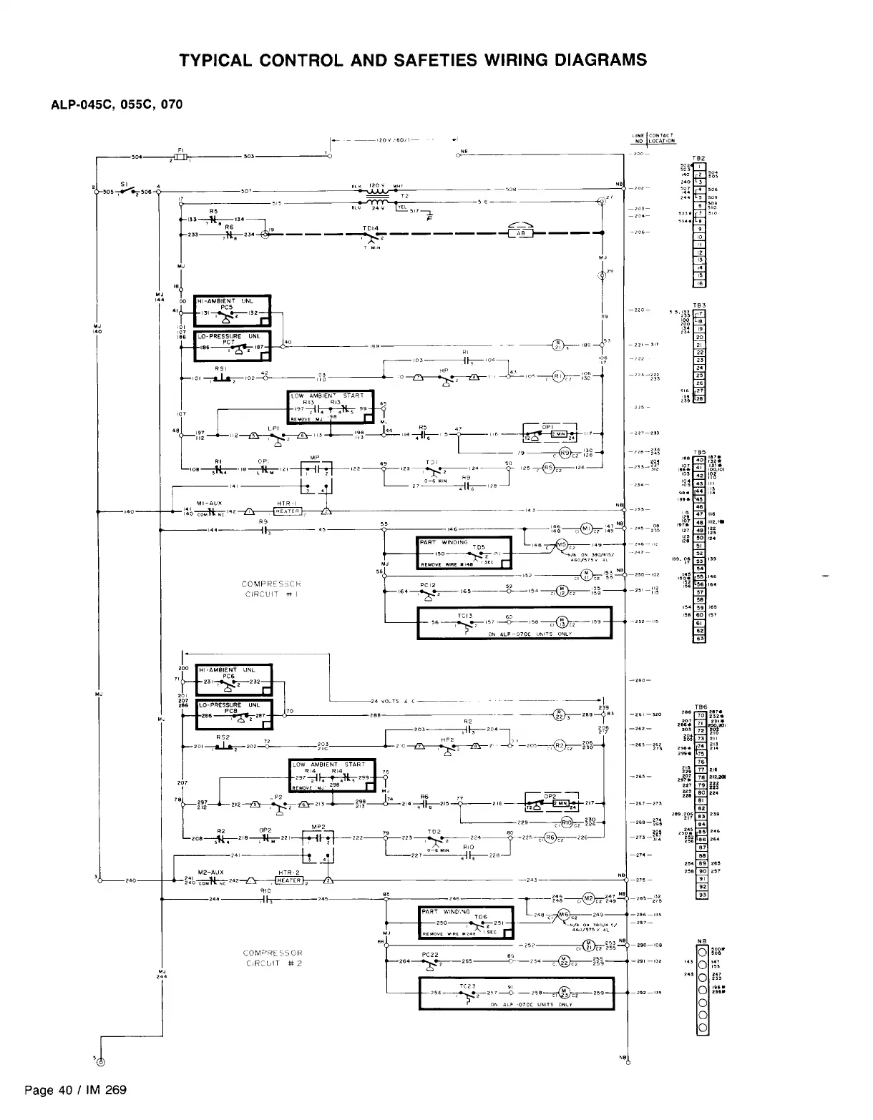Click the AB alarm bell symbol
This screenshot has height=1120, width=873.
pos(521,232)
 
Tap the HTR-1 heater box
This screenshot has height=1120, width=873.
pos(286,511)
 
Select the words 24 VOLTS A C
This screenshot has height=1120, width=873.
pos(395,700)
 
